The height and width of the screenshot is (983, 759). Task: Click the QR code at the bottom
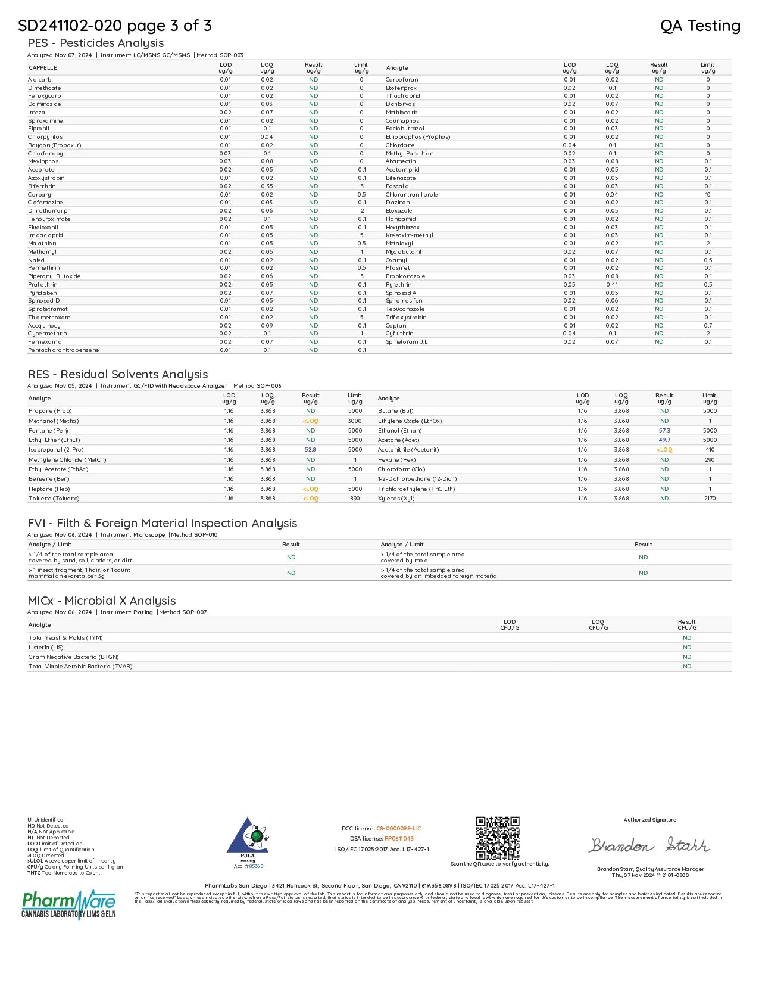point(498,838)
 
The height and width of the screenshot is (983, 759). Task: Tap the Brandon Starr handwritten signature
point(649,845)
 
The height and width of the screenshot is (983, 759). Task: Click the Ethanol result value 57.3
point(664,431)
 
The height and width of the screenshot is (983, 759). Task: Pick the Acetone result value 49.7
point(664,440)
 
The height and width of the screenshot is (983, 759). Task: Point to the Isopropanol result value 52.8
point(310,450)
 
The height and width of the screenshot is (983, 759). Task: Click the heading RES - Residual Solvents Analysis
point(118,374)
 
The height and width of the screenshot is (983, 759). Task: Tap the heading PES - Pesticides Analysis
point(96,43)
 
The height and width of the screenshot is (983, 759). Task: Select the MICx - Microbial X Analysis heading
point(102,601)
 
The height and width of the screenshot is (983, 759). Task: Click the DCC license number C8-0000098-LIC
point(399,829)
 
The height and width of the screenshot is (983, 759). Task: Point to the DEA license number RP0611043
point(399,839)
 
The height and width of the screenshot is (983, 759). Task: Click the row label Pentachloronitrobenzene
point(64,350)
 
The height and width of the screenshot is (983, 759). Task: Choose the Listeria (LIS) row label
point(46,648)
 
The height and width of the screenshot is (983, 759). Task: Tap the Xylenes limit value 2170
point(710,499)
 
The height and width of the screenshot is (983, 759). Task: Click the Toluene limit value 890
point(355,499)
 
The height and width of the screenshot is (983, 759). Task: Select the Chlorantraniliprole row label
point(411,194)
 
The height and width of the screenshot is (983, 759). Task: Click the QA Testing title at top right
point(700,26)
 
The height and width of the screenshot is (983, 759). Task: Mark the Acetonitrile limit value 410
point(710,450)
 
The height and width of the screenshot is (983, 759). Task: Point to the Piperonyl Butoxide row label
point(54,276)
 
